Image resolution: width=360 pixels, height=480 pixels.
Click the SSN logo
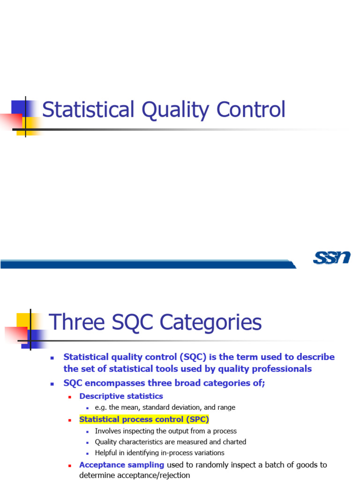point(332,257)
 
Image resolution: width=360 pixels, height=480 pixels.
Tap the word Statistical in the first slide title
point(81,110)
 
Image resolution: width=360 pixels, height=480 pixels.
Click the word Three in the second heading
point(76,322)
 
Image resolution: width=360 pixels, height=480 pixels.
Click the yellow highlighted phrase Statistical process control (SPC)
point(144,419)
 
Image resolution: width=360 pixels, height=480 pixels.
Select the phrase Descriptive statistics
point(121,396)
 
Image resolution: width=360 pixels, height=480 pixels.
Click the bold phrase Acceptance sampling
point(121,465)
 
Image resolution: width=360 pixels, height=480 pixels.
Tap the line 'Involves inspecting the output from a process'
point(165,431)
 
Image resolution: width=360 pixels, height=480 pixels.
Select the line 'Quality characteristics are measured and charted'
point(170,442)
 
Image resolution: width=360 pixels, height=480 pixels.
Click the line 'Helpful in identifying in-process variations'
point(159,453)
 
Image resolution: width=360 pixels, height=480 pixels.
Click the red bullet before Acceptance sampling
point(70,465)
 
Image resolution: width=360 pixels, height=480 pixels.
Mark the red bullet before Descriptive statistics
point(70,397)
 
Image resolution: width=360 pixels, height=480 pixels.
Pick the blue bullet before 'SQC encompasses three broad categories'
point(52,383)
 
